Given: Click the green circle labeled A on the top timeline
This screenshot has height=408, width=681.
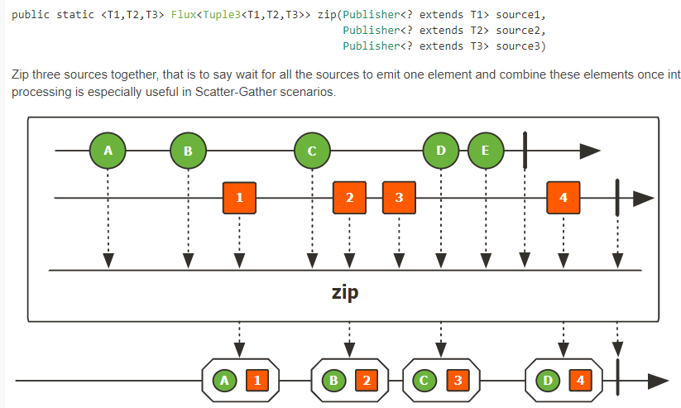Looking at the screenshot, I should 108,151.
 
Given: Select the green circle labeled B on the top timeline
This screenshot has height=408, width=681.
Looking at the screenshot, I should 188,151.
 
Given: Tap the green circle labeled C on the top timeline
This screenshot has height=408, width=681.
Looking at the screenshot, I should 312,151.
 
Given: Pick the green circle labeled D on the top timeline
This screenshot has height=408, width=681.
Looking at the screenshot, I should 440,151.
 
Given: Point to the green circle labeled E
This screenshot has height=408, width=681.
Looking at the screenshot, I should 485,151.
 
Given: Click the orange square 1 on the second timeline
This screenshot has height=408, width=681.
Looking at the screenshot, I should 239,198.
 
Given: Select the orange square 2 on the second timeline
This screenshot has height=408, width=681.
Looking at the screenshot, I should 349,198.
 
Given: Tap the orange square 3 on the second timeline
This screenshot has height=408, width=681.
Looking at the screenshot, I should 399,198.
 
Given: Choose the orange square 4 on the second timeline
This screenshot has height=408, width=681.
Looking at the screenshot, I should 564,198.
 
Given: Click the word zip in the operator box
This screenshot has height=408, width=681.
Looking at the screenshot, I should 344,293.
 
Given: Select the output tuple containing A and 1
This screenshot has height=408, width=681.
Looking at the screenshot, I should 239,381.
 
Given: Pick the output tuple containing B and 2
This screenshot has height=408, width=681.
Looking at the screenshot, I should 349,381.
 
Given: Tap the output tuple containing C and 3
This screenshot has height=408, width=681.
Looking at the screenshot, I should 440,381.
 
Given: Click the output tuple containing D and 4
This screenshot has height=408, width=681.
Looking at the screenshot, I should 564,381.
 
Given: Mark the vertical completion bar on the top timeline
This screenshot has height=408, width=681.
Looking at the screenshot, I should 525,150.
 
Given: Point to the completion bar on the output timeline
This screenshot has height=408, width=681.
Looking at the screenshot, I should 617,381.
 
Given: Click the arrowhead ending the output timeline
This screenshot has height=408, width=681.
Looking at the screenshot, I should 658,381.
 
